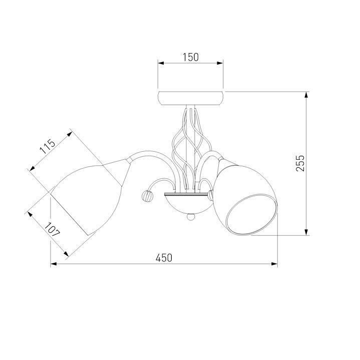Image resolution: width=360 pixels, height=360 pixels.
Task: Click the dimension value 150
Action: tap(191, 57)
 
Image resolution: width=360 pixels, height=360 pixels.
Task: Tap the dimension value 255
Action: tap(300, 163)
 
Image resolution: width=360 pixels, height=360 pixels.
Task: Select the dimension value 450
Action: tap(164, 258)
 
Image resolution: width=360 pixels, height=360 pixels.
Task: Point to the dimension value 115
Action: tap(48, 147)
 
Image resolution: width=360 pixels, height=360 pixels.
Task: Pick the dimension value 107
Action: tap(52, 230)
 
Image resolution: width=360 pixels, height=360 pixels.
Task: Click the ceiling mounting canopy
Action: tap(191, 98)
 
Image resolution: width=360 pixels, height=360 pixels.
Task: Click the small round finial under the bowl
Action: tap(191, 217)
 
